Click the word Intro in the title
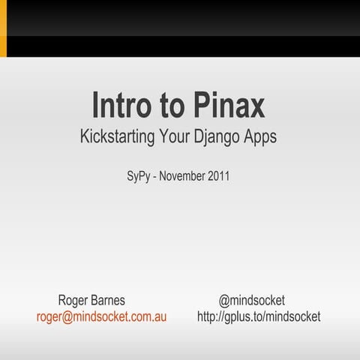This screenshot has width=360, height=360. pyautogui.click(x=121, y=106)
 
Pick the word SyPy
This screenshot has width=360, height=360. pyautogui.click(x=139, y=178)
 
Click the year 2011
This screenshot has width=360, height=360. pyautogui.click(x=217, y=178)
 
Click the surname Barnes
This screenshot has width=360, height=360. pyautogui.click(x=109, y=301)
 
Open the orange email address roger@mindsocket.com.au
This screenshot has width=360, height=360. pyautogui.click(x=101, y=316)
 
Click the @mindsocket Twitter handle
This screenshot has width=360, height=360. pyautogui.click(x=251, y=301)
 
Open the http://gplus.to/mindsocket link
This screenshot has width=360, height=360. pyautogui.click(x=259, y=316)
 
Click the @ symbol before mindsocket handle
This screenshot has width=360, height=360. pyautogui.click(x=224, y=301)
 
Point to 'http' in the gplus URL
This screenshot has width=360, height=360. pyautogui.click(x=208, y=316)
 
